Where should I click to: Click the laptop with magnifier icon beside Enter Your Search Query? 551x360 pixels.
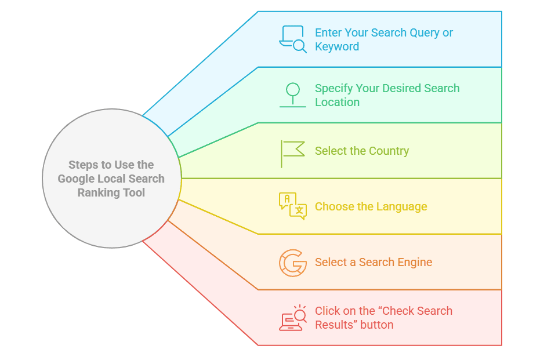[x=293, y=39]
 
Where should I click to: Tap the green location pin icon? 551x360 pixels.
[x=293, y=94]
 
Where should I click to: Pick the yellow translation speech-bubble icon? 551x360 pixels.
[x=293, y=206]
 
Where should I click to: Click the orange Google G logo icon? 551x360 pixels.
[x=293, y=262]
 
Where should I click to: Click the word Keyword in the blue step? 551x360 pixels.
[x=337, y=47]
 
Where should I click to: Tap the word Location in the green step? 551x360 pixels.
[x=337, y=103]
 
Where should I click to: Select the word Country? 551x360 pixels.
[x=386, y=151]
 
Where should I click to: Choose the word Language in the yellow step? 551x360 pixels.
[x=401, y=207]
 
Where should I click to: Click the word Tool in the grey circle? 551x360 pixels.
[x=134, y=193]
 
